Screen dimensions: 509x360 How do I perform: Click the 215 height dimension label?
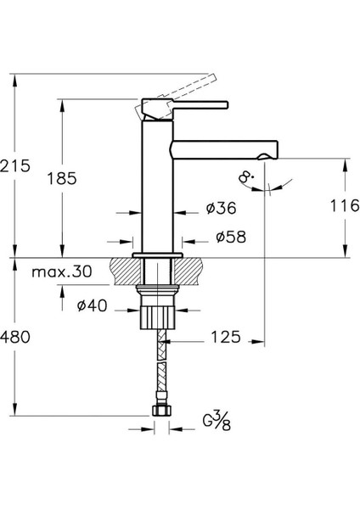(x=16, y=165)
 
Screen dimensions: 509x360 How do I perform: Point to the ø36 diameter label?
(x=220, y=207)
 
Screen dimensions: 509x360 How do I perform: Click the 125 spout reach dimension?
(x=222, y=337)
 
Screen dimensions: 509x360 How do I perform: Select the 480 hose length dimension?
(x=16, y=337)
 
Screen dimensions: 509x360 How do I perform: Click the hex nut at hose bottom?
(x=158, y=411)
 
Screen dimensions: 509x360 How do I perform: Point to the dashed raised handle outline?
(x=183, y=87)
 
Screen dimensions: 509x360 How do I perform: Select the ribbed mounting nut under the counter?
(x=158, y=316)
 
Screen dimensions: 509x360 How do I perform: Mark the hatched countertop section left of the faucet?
(x=124, y=274)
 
